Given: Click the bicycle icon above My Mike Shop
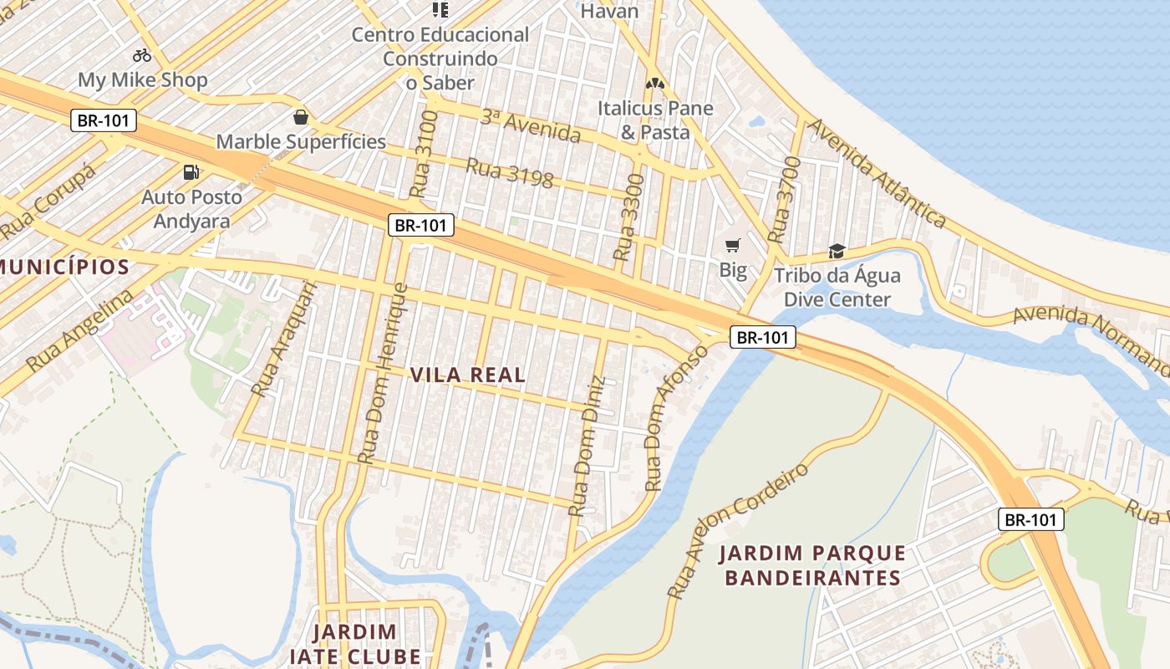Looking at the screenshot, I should click(142, 55).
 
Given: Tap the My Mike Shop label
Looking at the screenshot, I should click(142, 80).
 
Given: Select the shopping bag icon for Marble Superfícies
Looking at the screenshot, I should click(300, 117).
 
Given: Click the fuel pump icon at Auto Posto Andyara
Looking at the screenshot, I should click(191, 172).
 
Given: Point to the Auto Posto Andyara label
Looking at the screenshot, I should click(191, 208).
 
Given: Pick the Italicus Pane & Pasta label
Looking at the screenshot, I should click(655, 120).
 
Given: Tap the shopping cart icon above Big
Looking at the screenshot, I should click(733, 245).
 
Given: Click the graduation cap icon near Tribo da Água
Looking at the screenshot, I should click(837, 251).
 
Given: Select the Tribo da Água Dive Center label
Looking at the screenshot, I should click(837, 287).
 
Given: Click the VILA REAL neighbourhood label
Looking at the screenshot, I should click(468, 375).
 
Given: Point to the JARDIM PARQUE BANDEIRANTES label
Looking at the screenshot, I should click(812, 565).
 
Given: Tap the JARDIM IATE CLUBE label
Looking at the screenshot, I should click(354, 643).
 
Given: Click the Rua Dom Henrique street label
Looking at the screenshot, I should click(382, 374).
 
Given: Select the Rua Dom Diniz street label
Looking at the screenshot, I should click(588, 446).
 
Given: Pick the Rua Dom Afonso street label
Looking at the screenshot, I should click(675, 418).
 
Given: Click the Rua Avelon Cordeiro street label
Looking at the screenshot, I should click(739, 530).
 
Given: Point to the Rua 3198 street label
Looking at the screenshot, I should click(509, 173).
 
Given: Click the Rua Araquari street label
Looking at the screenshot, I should click(284, 339).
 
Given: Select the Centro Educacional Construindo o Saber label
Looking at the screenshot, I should click(440, 59).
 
